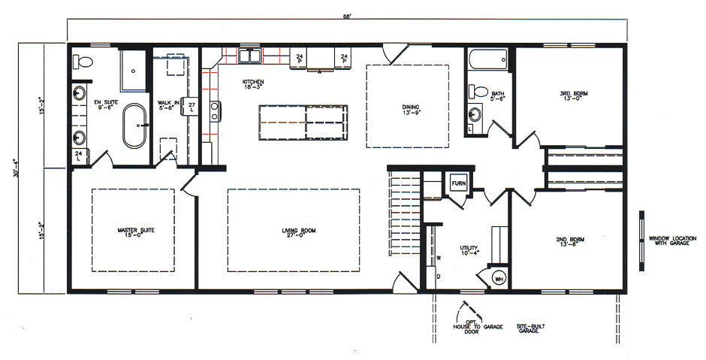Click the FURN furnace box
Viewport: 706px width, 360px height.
457,183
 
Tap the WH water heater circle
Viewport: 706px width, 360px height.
499,279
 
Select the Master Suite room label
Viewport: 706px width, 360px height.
135,232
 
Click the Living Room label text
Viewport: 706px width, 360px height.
294,232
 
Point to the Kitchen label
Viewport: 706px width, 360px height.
252,84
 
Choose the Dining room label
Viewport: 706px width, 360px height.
409,109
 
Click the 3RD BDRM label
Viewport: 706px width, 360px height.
574,95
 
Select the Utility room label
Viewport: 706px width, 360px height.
469,250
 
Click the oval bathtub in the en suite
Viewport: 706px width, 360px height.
135,126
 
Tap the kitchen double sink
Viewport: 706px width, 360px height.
250,56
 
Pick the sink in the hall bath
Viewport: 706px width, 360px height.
475,115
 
